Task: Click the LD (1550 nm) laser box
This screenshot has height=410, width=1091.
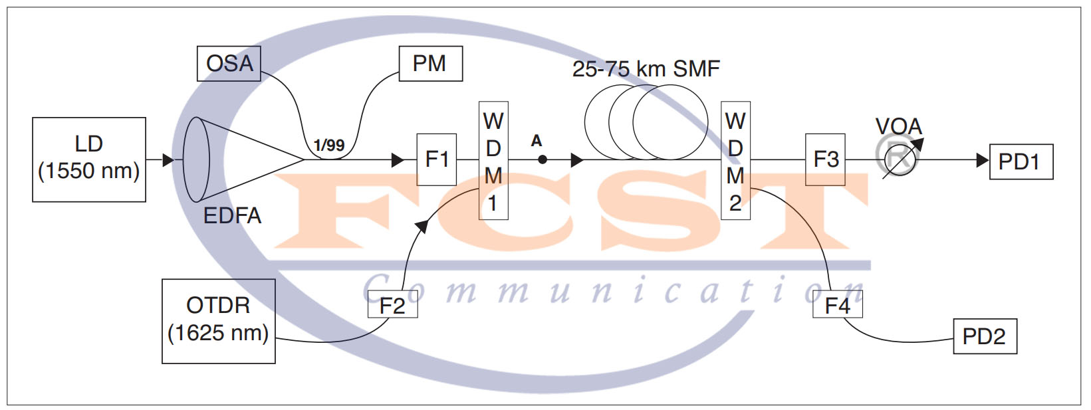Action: click(89, 159)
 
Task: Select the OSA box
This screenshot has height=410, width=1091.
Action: click(229, 64)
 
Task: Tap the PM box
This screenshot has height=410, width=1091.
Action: click(430, 64)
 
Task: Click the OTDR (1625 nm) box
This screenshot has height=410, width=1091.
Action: click(218, 321)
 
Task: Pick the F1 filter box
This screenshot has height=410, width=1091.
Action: click(436, 159)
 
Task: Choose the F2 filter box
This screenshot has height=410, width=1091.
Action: click(392, 306)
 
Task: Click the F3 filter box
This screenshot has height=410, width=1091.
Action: click(825, 159)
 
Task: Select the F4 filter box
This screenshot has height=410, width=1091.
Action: click(837, 306)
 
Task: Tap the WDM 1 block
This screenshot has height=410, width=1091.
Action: click(493, 161)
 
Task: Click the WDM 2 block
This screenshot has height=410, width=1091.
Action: click(735, 161)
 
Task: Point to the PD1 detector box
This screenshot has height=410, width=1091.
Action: click(1021, 161)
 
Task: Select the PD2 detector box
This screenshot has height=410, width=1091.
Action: click(985, 336)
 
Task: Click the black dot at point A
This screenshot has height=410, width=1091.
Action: click(543, 159)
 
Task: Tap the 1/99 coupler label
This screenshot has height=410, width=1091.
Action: click(329, 146)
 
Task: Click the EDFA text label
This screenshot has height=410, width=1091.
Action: click(232, 216)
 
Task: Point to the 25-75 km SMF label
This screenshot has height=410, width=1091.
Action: click(646, 68)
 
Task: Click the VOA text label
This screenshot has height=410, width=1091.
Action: click(898, 126)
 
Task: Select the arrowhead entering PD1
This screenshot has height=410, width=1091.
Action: click(982, 160)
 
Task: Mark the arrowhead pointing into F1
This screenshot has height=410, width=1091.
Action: click(398, 160)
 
